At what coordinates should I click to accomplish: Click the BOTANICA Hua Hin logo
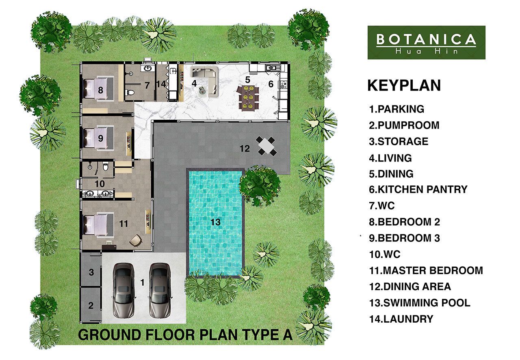[x=426, y=43]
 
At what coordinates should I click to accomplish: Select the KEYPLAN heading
[x=404, y=86]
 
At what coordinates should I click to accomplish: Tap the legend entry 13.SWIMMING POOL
[x=420, y=303]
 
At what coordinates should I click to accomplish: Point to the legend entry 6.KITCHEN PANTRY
[x=418, y=190]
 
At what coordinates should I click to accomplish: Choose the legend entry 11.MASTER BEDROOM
[x=426, y=270]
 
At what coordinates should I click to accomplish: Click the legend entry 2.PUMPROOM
[x=404, y=125]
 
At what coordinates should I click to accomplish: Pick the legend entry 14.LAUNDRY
[x=401, y=319]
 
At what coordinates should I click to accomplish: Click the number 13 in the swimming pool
[x=215, y=222]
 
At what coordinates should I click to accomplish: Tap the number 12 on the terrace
[x=245, y=149]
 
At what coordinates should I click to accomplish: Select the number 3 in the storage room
[x=91, y=272]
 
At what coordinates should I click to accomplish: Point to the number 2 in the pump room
[x=91, y=306]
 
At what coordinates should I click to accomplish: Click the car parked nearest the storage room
[x=123, y=290]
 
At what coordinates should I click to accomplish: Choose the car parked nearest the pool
[x=160, y=290]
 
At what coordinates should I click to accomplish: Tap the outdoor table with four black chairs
[x=266, y=146]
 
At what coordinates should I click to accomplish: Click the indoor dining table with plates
[x=248, y=97]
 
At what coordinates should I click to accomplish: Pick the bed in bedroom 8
[x=99, y=88]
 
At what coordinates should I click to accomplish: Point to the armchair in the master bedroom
[x=135, y=241]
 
